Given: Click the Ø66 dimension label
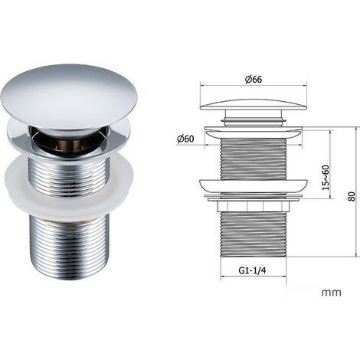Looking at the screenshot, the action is [254, 80].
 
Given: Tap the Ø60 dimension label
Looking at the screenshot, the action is [185, 139].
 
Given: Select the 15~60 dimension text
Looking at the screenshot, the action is [326, 178].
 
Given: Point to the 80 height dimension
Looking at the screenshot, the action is [352, 196].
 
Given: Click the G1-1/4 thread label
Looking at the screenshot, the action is [252, 270].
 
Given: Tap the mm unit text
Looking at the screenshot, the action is [331, 293].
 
